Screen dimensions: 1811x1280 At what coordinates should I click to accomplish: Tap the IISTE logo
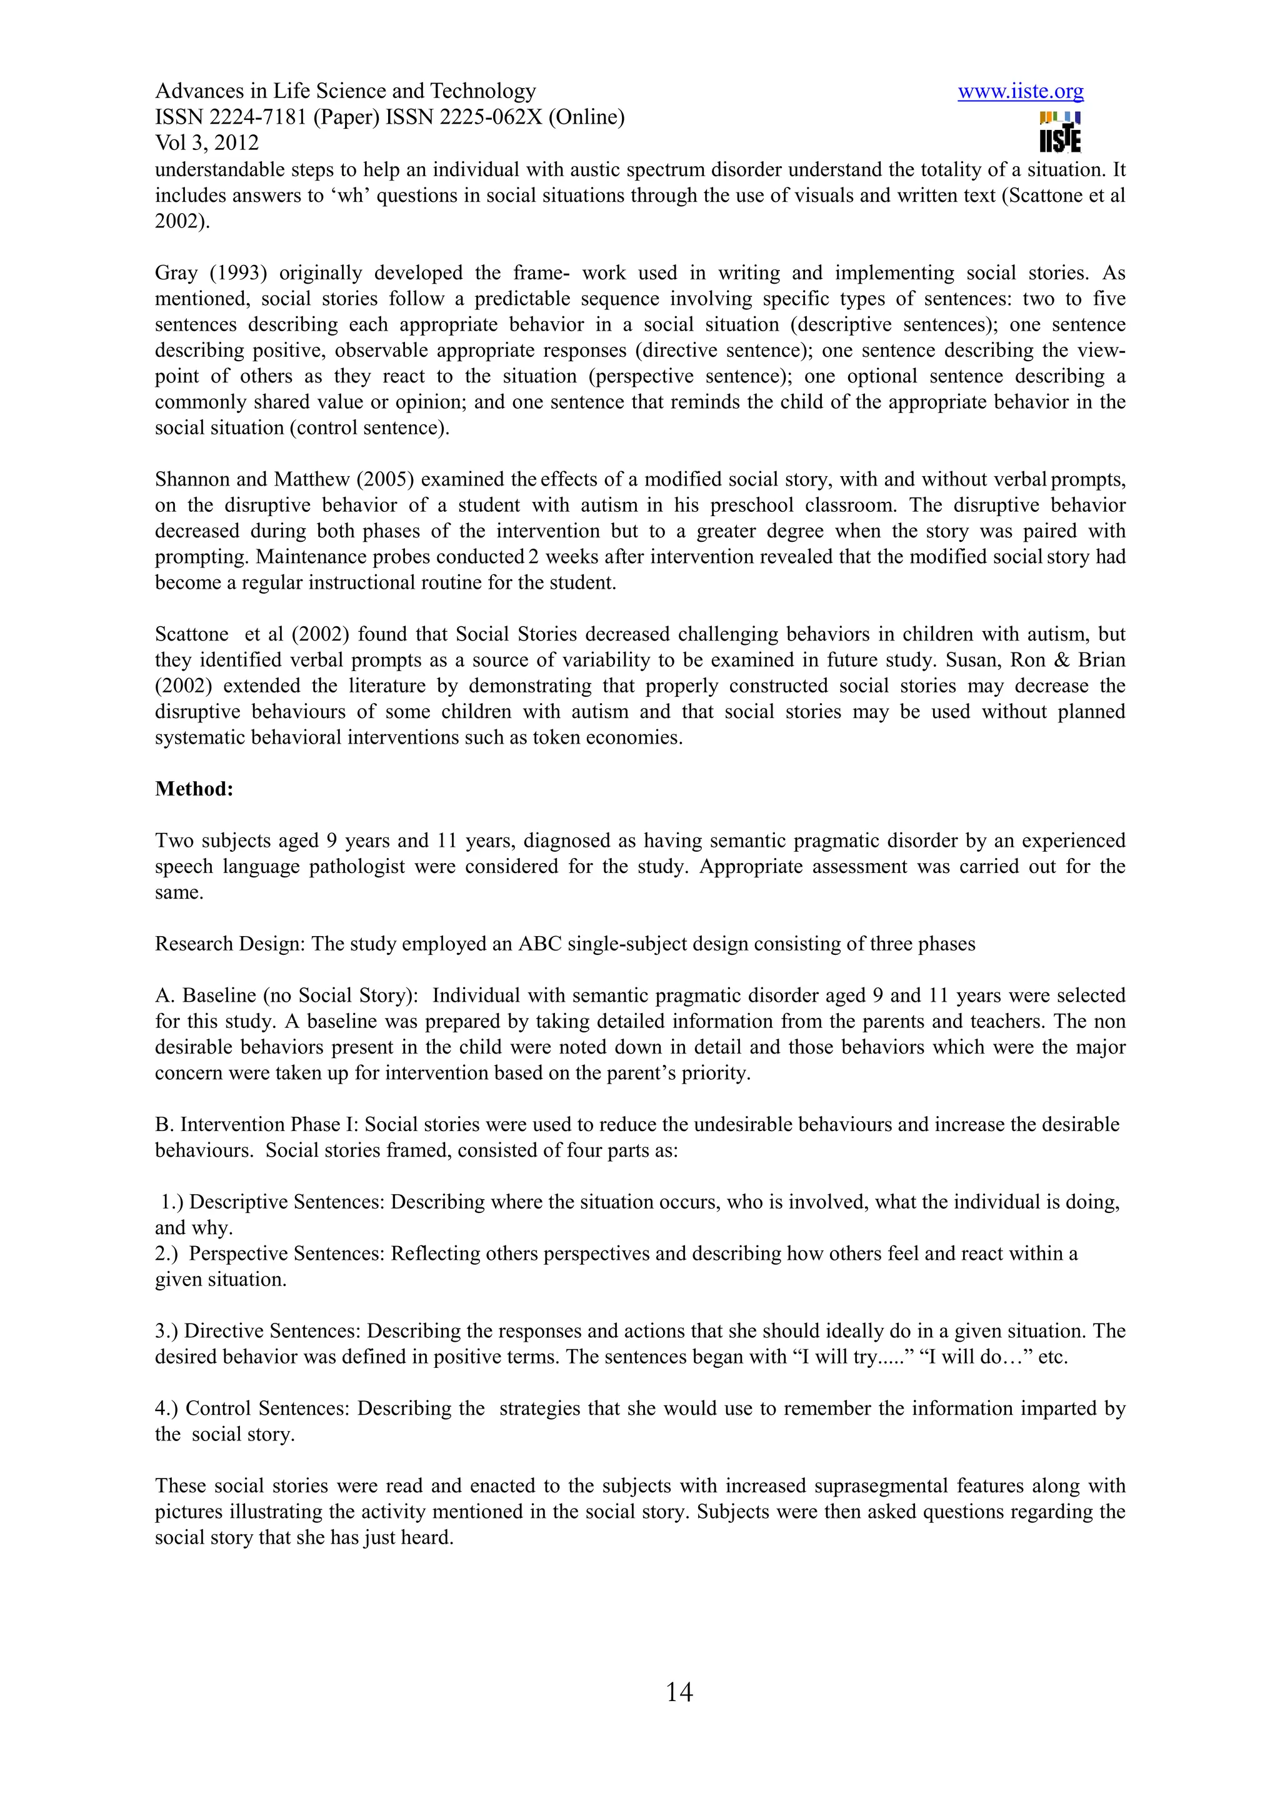1060,132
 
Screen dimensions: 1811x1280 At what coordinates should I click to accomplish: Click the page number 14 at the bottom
679,1692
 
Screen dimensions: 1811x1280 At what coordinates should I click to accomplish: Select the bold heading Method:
194,789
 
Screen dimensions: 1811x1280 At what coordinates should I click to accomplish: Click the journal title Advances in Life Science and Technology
346,91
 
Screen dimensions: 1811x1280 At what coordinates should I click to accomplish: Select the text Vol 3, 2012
207,142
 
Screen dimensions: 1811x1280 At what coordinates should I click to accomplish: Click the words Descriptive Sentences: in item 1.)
287,1202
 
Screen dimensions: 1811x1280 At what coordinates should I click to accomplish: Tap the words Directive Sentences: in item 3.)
272,1330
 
